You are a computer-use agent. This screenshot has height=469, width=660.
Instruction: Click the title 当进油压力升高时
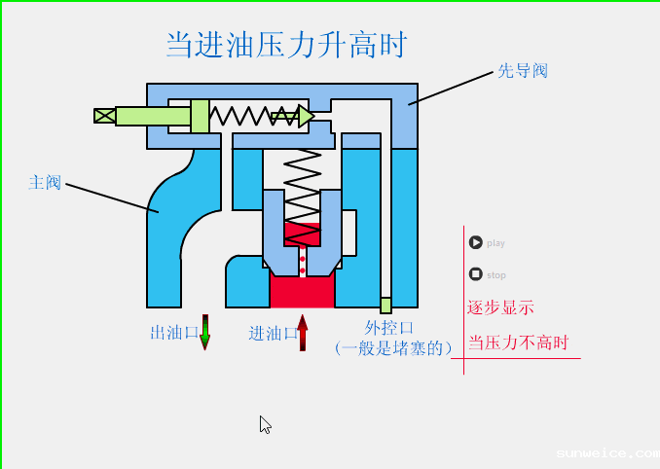(x=285, y=45)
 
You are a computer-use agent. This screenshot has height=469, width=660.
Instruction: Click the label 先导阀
(x=523, y=71)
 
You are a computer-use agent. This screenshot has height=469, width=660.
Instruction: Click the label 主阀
(x=45, y=182)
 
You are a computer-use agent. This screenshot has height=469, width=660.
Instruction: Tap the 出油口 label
(x=174, y=333)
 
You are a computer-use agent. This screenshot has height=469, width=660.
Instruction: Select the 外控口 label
(x=388, y=328)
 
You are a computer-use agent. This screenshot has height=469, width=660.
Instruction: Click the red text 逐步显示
(x=500, y=307)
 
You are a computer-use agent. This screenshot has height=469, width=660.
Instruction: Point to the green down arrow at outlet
(x=204, y=332)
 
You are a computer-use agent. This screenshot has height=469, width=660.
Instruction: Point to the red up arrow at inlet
(x=303, y=332)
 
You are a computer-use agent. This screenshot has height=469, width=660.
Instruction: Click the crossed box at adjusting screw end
(x=104, y=116)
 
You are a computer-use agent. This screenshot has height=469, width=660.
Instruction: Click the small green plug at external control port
(x=385, y=306)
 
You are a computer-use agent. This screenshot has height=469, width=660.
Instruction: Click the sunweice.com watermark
(x=605, y=453)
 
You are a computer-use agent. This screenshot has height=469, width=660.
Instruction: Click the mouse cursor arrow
(x=265, y=424)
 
